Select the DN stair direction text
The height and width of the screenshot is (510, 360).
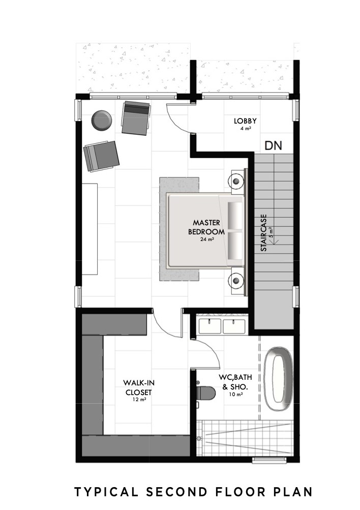[274, 145]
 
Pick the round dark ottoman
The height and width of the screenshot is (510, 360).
[100, 120]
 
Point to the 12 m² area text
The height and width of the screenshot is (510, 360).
[139, 401]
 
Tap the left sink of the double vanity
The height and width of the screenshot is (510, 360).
[209, 325]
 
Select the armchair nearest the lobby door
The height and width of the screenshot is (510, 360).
[136, 117]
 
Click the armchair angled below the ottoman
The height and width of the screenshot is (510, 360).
[101, 156]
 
